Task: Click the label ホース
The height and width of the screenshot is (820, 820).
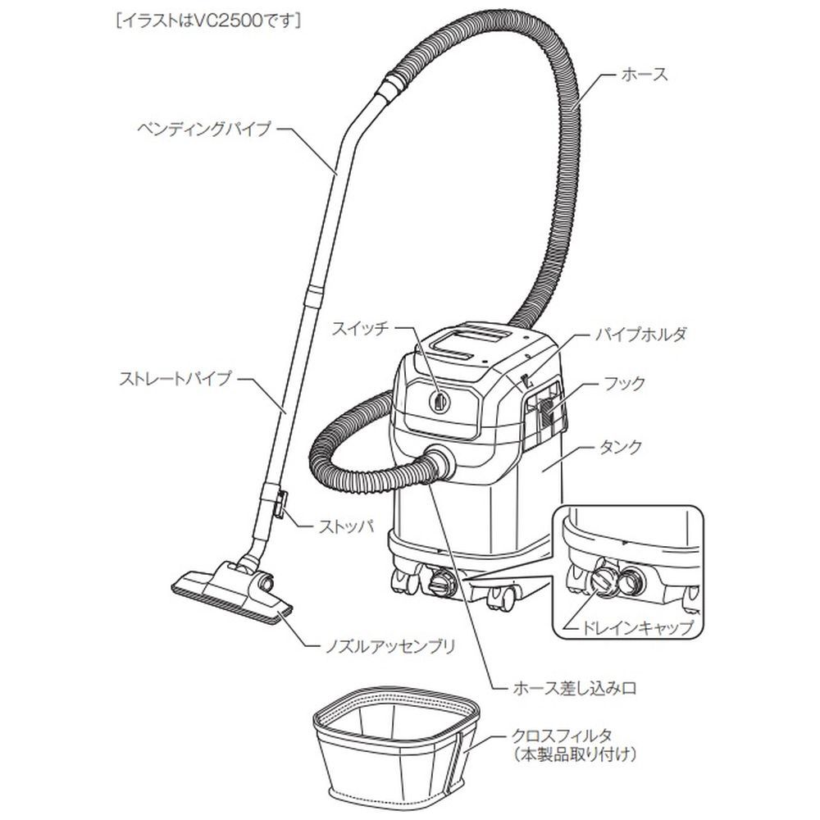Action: point(645,75)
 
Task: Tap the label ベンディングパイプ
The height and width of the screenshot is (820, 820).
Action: point(204,128)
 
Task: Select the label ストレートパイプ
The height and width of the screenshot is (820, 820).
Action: point(175,379)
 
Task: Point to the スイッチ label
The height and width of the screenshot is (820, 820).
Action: point(361,329)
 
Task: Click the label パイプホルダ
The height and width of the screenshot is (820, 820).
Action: point(640,335)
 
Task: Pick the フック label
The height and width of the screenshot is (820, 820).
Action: point(624,383)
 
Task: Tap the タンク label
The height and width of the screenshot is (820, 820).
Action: point(620,447)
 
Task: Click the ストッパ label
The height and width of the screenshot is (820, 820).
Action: point(346,526)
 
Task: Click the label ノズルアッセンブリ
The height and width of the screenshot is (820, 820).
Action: point(389,647)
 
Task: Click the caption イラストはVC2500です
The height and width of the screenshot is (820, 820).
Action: point(209,21)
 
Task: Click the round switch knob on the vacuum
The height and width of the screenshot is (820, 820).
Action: point(439,402)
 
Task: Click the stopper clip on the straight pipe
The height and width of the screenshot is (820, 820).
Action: point(279,504)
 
